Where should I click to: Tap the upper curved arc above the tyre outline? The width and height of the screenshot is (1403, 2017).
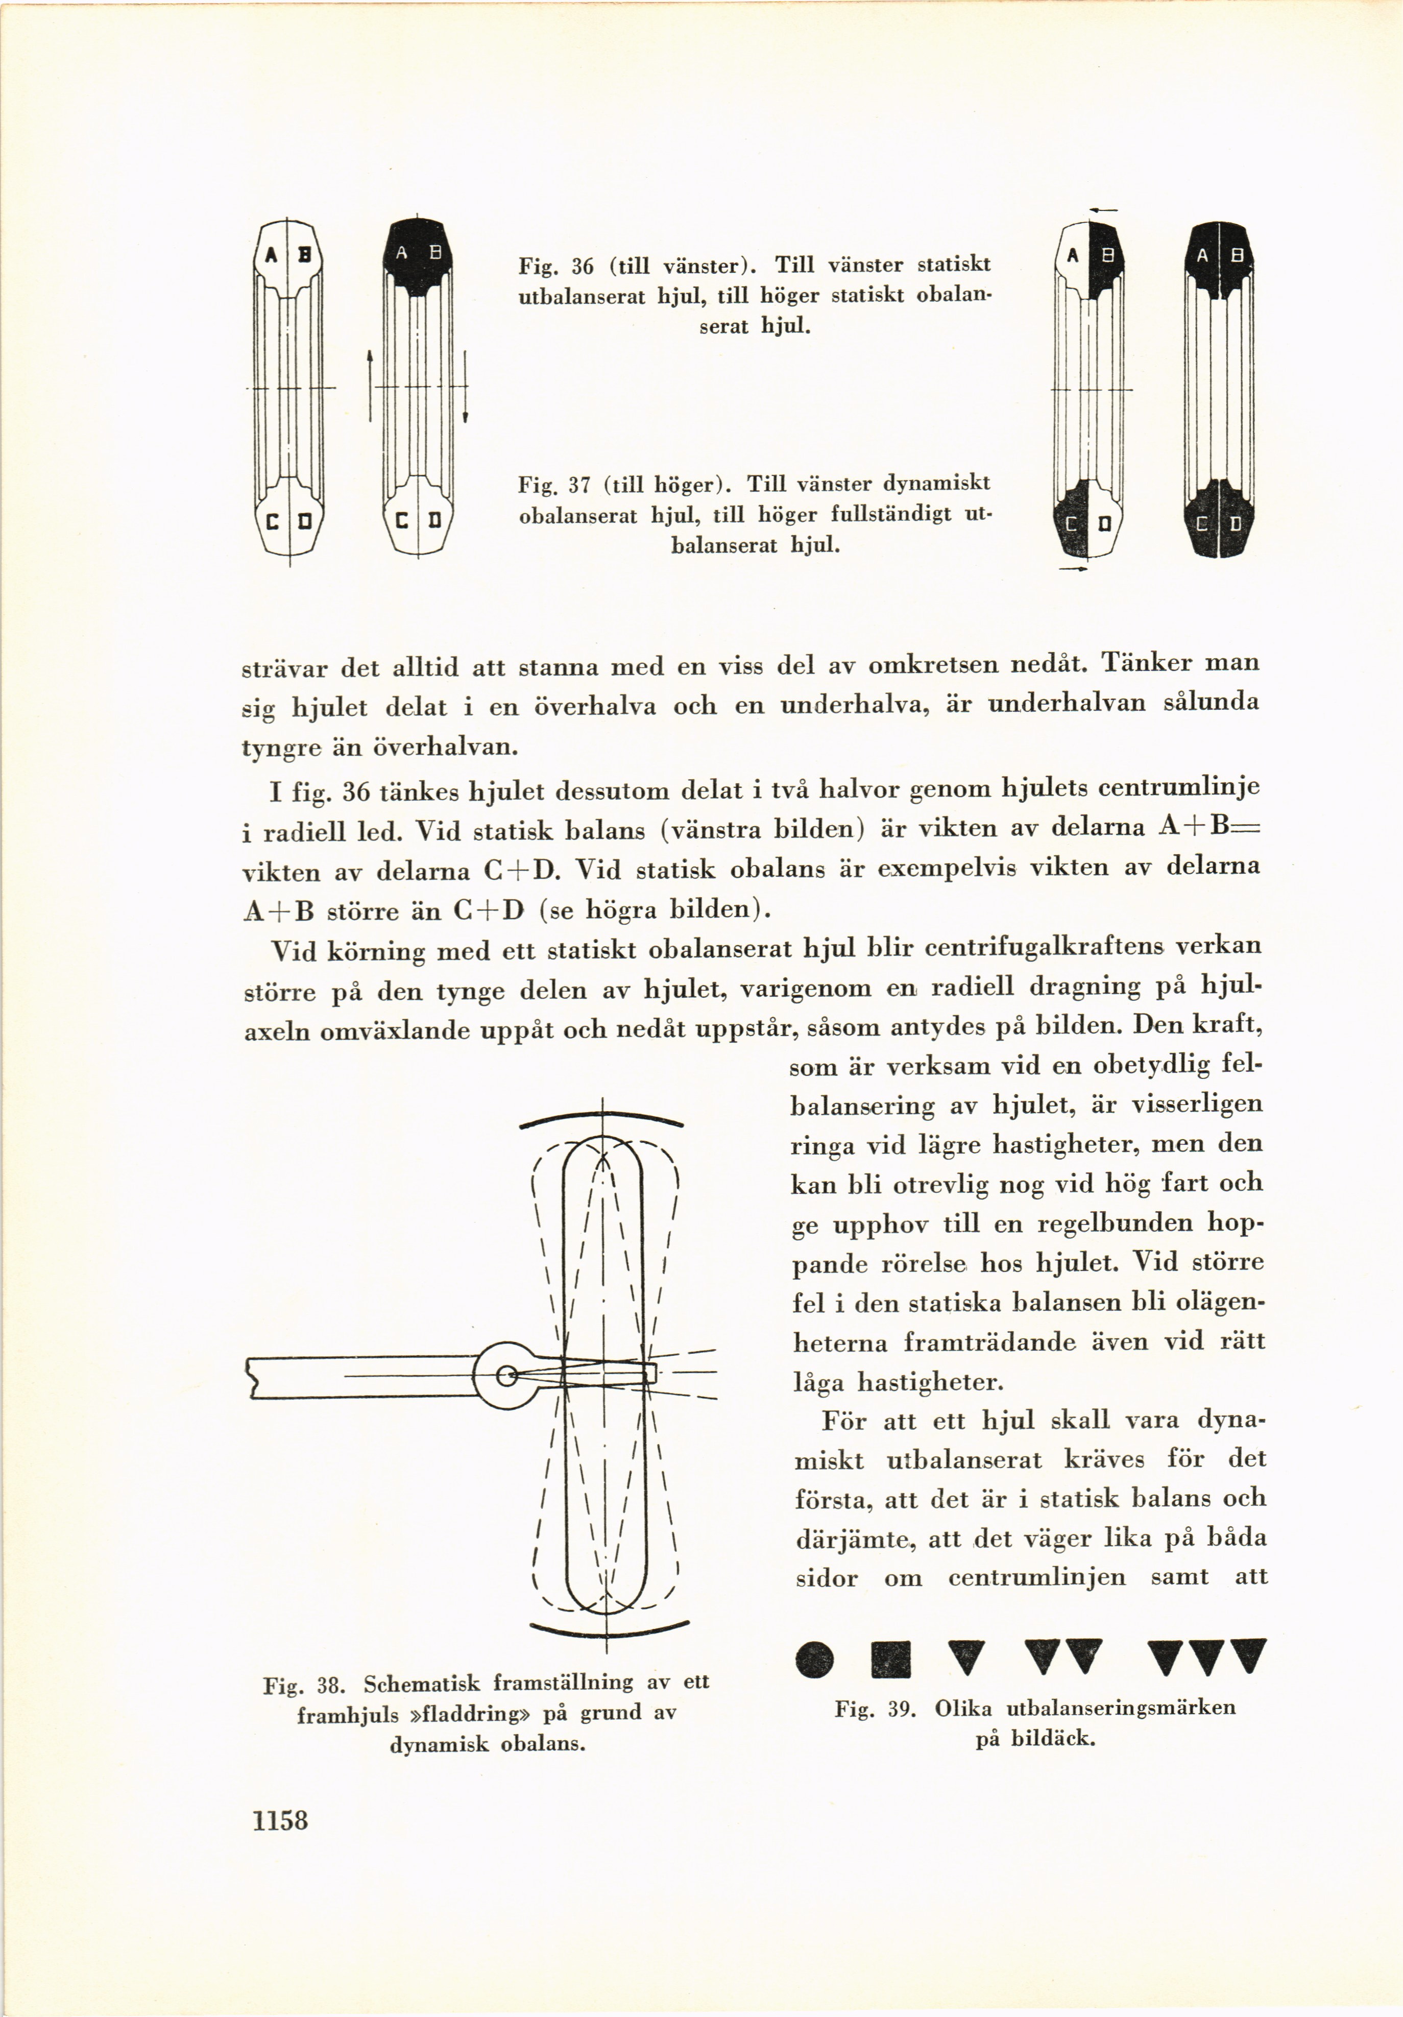(x=602, y=1119)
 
